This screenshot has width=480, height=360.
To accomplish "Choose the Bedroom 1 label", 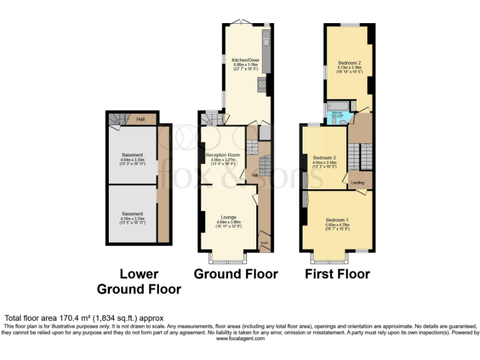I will [337, 220].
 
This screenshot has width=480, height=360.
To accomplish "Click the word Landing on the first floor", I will [358, 182].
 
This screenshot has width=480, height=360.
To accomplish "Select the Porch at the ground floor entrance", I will [264, 242].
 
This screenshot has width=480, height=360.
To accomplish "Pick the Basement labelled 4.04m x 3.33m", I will [132, 155].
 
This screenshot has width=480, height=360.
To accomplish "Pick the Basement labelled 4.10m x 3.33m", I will [132, 214].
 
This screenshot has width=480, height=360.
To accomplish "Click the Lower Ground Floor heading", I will [139, 282].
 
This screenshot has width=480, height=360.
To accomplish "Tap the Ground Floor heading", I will [236, 274].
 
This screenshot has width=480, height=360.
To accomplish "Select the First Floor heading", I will [337, 274].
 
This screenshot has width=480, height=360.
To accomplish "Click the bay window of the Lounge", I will [228, 257].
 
